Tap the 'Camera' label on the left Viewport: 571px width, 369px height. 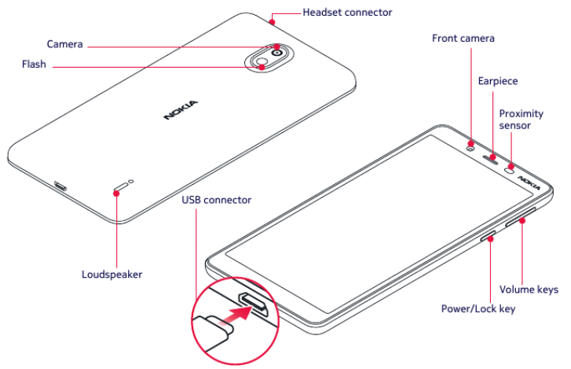(x=64, y=44)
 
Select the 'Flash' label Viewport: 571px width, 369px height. (x=34, y=66)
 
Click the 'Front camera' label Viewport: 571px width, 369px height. (x=463, y=38)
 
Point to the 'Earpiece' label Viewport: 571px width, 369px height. (x=498, y=81)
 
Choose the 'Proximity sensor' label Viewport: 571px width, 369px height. (x=521, y=119)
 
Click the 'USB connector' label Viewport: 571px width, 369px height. (x=217, y=200)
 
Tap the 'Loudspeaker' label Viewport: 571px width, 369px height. (x=112, y=275)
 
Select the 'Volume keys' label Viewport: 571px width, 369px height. (x=529, y=290)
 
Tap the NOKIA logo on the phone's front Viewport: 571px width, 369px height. (x=529, y=183)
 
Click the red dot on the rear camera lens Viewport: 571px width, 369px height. (x=277, y=46)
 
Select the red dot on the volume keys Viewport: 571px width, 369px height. (x=521, y=221)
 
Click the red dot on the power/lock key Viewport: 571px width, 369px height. (x=492, y=238)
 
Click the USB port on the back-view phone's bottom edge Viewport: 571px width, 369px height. (x=60, y=187)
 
